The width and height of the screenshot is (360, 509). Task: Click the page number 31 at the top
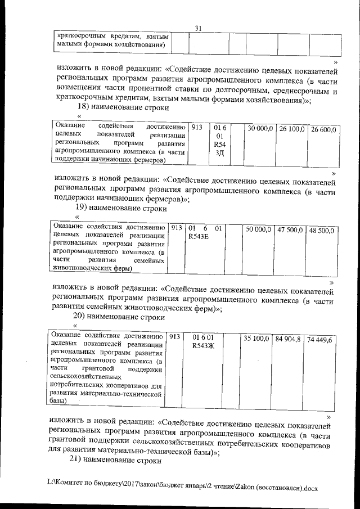[197, 29]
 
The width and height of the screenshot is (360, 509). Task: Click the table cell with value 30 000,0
[260, 129]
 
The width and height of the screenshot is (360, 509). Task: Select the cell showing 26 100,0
[292, 129]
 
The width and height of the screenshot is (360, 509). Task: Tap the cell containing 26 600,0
[323, 129]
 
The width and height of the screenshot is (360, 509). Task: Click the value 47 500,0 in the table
[290, 230]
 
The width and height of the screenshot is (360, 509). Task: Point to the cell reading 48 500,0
[322, 231]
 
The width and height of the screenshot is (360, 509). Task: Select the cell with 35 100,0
[256, 339]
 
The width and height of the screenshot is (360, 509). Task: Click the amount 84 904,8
[288, 339]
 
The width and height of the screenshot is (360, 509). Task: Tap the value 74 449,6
[320, 340]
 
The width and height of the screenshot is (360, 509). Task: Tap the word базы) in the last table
[58, 401]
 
